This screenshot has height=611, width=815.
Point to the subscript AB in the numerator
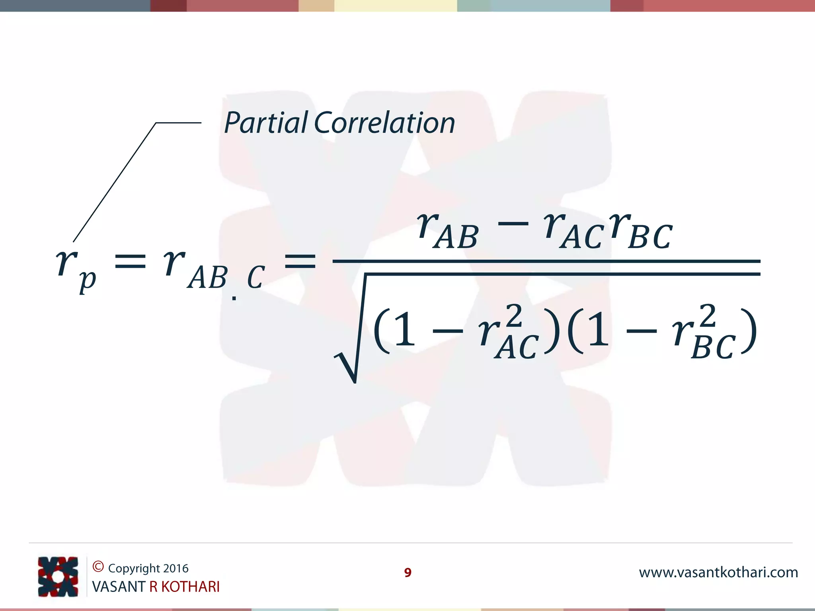point(456,237)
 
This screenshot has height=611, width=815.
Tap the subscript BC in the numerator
point(650,237)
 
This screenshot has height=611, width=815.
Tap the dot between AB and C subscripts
point(234,298)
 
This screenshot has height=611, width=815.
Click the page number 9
point(407,572)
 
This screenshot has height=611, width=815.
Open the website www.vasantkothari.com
point(718,572)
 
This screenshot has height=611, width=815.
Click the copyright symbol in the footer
point(98,566)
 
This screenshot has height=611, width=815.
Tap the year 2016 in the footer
point(175,568)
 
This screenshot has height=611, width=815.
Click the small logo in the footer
point(58,576)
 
